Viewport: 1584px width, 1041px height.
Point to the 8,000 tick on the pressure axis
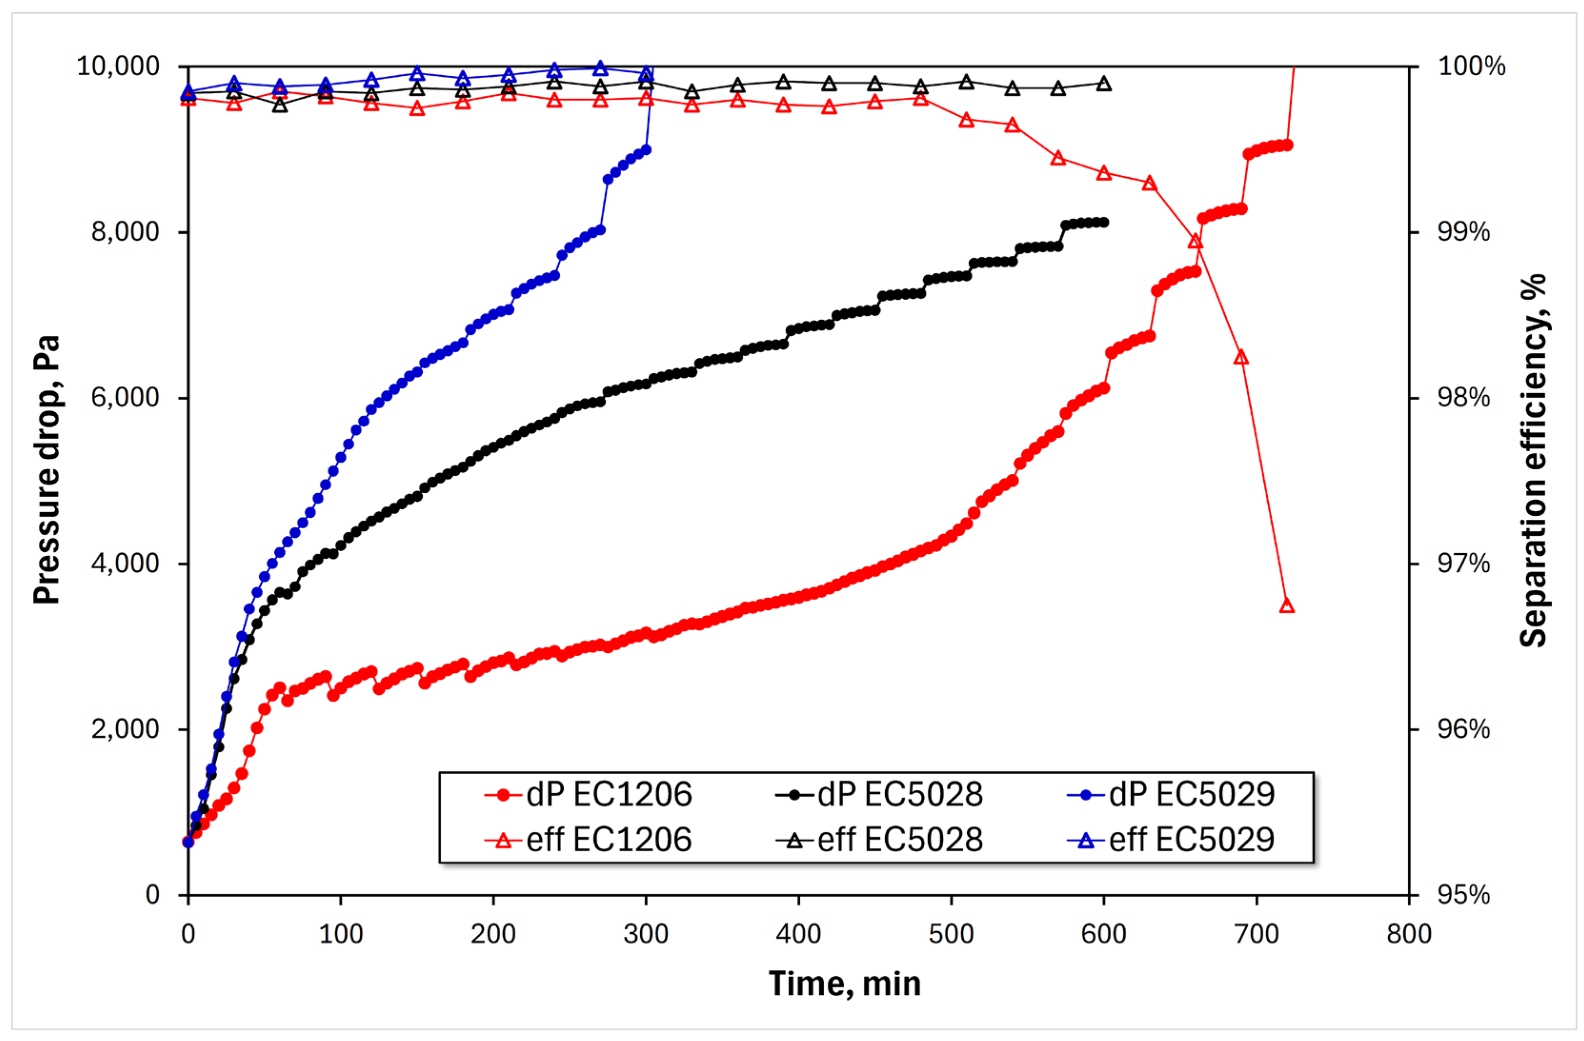click(x=126, y=232)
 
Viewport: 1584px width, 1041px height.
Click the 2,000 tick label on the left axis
click(x=126, y=729)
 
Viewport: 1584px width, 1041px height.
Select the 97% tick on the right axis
click(x=1463, y=564)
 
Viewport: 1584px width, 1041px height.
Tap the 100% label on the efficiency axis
click(x=1472, y=67)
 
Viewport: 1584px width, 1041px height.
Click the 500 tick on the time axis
click(x=951, y=934)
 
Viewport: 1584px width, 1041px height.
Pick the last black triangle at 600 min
click(x=1103, y=84)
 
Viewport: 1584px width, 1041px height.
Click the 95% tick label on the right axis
click(x=1463, y=895)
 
